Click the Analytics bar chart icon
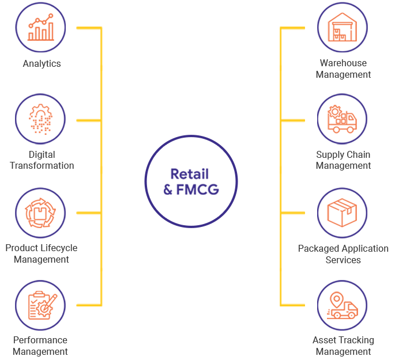click(40, 27)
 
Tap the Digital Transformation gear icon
click(40, 119)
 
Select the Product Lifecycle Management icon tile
click(40, 212)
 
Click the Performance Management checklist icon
click(40, 305)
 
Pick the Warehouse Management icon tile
click(343, 27)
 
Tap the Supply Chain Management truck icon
click(343, 119)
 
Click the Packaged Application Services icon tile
click(343, 212)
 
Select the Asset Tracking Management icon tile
click(343, 305)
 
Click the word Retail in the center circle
click(189, 175)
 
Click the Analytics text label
click(42, 64)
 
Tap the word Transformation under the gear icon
click(42, 166)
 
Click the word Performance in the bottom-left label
click(40, 340)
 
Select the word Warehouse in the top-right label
click(343, 63)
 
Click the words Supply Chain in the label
click(343, 155)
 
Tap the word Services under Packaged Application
click(343, 260)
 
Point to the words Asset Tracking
click(343, 340)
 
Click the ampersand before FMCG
click(168, 189)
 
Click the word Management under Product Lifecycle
click(42, 259)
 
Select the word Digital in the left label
click(42, 155)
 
